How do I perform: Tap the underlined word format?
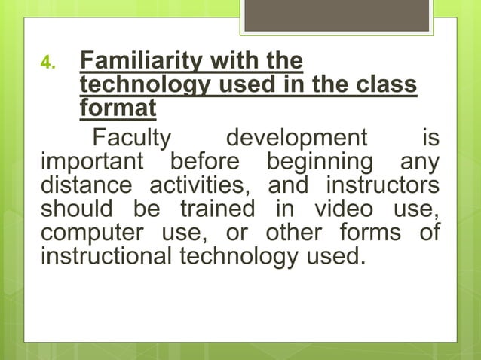click(118, 108)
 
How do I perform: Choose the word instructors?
click(383, 185)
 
